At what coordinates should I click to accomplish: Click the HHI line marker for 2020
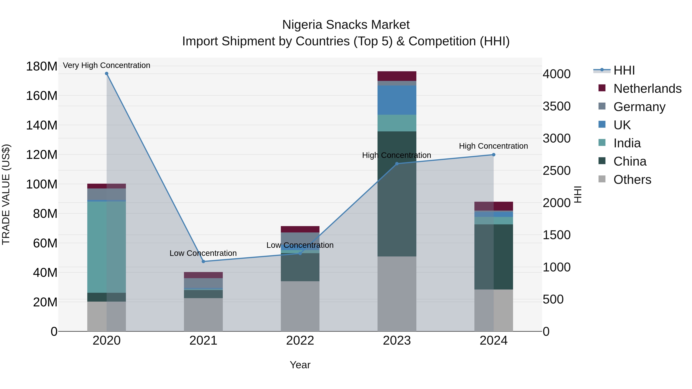point(107,74)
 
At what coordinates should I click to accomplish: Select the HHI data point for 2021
point(203,261)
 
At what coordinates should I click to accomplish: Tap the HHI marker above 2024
point(493,155)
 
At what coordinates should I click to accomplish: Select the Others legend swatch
point(602,179)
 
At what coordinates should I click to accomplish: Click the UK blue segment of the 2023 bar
point(397,100)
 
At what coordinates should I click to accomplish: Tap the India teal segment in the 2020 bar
point(107,247)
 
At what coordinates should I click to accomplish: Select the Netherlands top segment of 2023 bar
point(397,76)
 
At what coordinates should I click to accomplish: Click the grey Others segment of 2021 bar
point(203,315)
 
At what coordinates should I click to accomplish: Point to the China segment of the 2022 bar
point(300,267)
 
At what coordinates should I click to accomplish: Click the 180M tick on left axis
point(42,66)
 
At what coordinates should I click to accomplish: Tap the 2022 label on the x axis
point(300,341)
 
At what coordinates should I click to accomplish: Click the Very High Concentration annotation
point(107,65)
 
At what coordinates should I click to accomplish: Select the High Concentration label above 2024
point(493,146)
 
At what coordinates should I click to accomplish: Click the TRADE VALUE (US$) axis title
point(6,194)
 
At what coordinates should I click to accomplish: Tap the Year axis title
point(300,365)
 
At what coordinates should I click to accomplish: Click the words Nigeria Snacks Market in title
point(346,25)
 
